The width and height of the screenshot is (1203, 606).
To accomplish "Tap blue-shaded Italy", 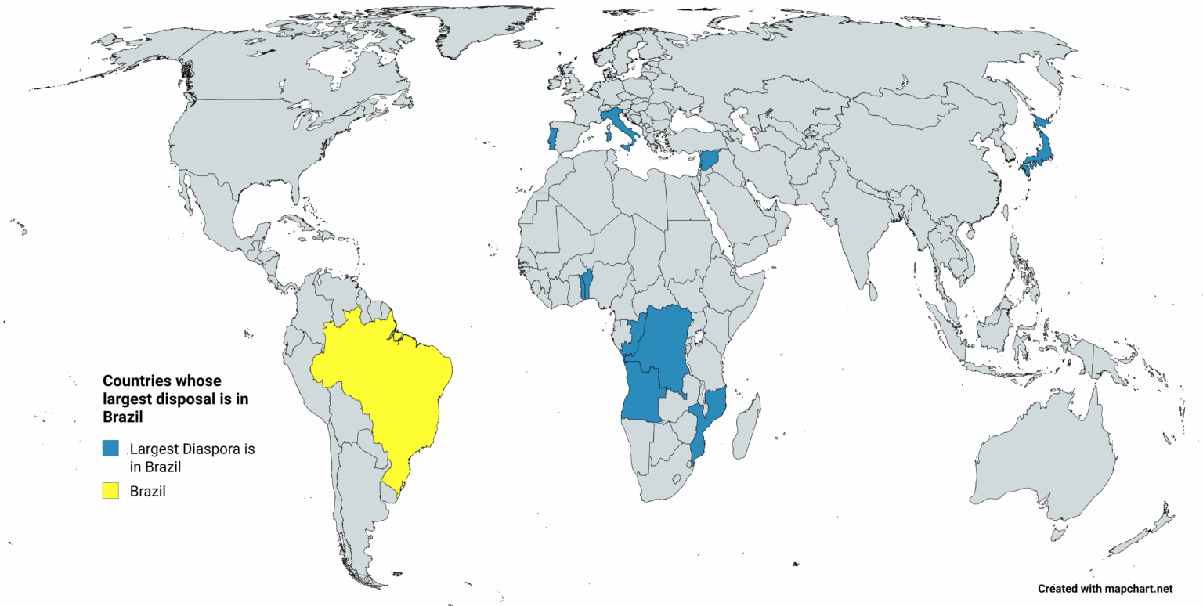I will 619,125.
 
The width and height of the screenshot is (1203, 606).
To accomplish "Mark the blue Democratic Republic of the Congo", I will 666,344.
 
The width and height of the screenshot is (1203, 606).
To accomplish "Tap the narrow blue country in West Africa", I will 584,287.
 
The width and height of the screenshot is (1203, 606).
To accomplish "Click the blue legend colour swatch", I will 110,449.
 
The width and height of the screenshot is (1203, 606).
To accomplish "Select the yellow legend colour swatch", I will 110,491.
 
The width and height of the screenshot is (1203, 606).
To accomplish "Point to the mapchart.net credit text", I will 1105,588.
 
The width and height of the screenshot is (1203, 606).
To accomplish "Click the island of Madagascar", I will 745,427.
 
